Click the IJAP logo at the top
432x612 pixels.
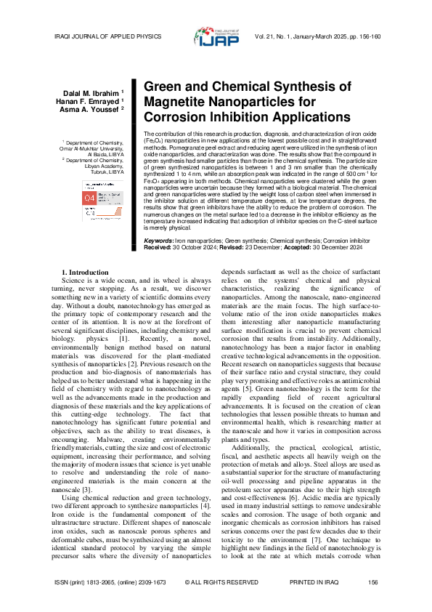[x=216, y=36]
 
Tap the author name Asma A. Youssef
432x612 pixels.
[x=94, y=109]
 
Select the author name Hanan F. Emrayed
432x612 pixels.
[x=94, y=101]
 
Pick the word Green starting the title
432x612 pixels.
[x=163, y=86]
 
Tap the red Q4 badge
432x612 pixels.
[x=89, y=198]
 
